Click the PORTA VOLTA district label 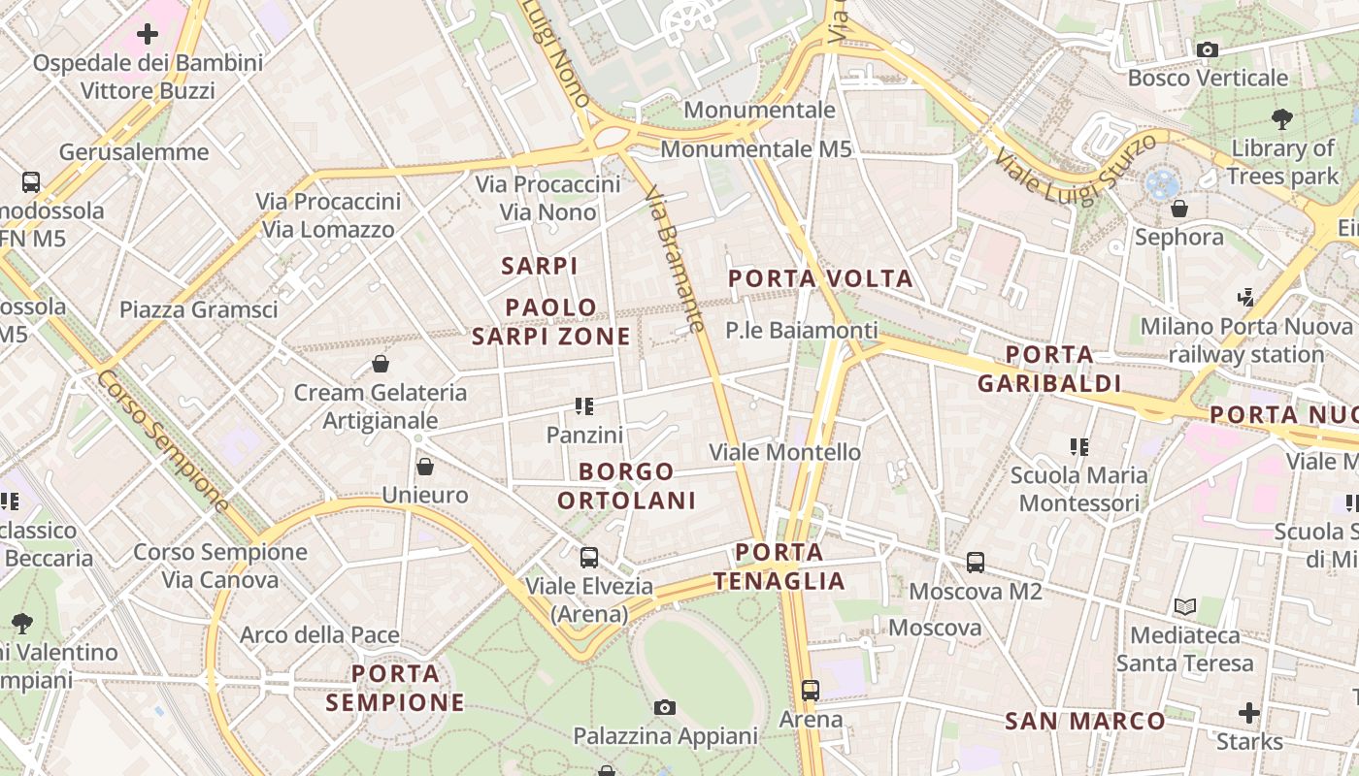coord(820,279)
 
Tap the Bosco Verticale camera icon coord(1208,49)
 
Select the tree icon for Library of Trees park coord(1281,119)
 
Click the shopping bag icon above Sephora coord(1179,209)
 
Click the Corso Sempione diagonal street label coord(162,440)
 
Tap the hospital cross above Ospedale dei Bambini coord(148,35)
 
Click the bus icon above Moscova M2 coord(975,563)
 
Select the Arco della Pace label coord(319,635)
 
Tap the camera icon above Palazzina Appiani coord(664,707)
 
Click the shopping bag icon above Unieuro coord(424,467)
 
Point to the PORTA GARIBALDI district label coord(1049,369)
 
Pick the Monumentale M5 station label coord(755,149)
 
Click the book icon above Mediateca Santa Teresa coord(1184,607)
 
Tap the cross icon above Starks coord(1248,714)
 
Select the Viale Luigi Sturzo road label coord(1075,168)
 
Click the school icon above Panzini coord(583,406)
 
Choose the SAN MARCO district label coord(1084,721)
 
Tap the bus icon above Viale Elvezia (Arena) coord(588,558)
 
